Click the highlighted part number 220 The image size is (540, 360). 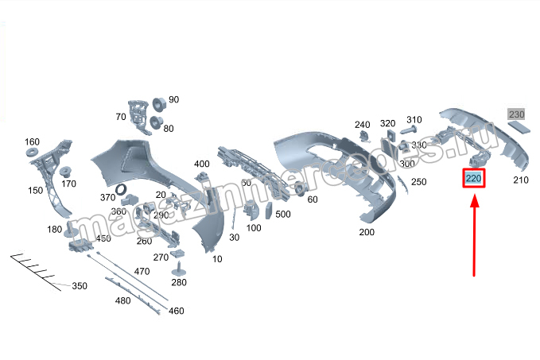[x=474, y=179]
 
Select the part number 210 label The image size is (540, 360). [x=520, y=180]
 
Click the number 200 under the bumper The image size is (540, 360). [x=367, y=232]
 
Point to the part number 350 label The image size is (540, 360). [x=80, y=286]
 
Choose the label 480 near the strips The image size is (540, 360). [x=122, y=300]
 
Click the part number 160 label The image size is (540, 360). [x=33, y=141]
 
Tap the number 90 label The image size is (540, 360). [x=173, y=99]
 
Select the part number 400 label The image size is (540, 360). [x=202, y=165]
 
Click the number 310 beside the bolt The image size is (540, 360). [x=414, y=120]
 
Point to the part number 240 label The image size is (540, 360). [x=363, y=124]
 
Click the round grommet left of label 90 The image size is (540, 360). [x=158, y=102]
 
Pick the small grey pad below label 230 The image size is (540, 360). [x=519, y=127]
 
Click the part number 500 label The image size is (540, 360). [x=282, y=215]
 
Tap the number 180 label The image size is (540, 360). [x=54, y=230]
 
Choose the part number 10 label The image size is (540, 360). [x=217, y=259]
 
